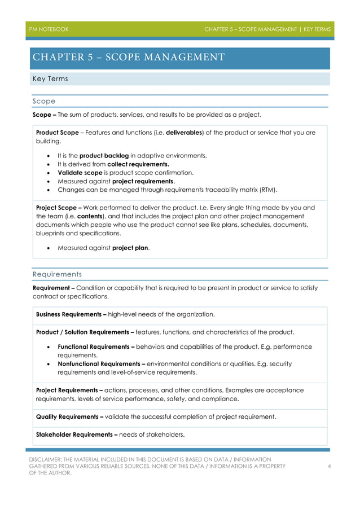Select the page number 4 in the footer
click(x=329, y=466)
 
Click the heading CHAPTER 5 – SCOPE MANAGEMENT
click(x=129, y=57)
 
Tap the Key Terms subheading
click(x=50, y=79)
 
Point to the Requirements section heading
click(x=56, y=274)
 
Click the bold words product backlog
click(x=104, y=155)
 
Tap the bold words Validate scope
click(x=79, y=173)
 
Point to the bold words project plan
click(x=130, y=248)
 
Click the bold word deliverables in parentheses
click(x=183, y=133)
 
